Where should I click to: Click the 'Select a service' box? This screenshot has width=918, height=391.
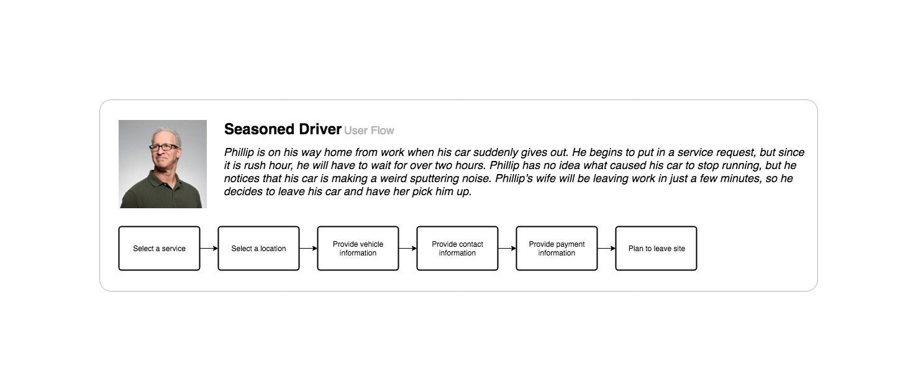(160, 248)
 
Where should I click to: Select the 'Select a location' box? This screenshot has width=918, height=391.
(258, 248)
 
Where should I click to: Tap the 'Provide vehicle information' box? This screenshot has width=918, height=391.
(358, 248)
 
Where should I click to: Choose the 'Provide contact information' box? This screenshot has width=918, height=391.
(457, 248)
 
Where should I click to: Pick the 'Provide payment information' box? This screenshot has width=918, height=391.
(557, 248)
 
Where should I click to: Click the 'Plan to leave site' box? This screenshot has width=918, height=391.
(656, 248)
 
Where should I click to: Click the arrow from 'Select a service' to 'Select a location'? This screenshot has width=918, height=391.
(209, 248)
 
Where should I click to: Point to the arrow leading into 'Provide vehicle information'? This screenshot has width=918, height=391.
(308, 248)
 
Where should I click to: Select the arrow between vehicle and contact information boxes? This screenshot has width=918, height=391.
(408, 248)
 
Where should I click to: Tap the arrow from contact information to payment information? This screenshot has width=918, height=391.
(507, 248)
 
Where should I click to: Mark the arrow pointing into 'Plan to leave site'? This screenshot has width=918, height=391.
(607, 248)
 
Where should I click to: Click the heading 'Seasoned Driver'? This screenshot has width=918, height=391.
(283, 129)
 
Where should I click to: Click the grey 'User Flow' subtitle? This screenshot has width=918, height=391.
(369, 131)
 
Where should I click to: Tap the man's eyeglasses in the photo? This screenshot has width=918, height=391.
(163, 147)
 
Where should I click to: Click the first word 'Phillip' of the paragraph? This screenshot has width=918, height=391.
(239, 153)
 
